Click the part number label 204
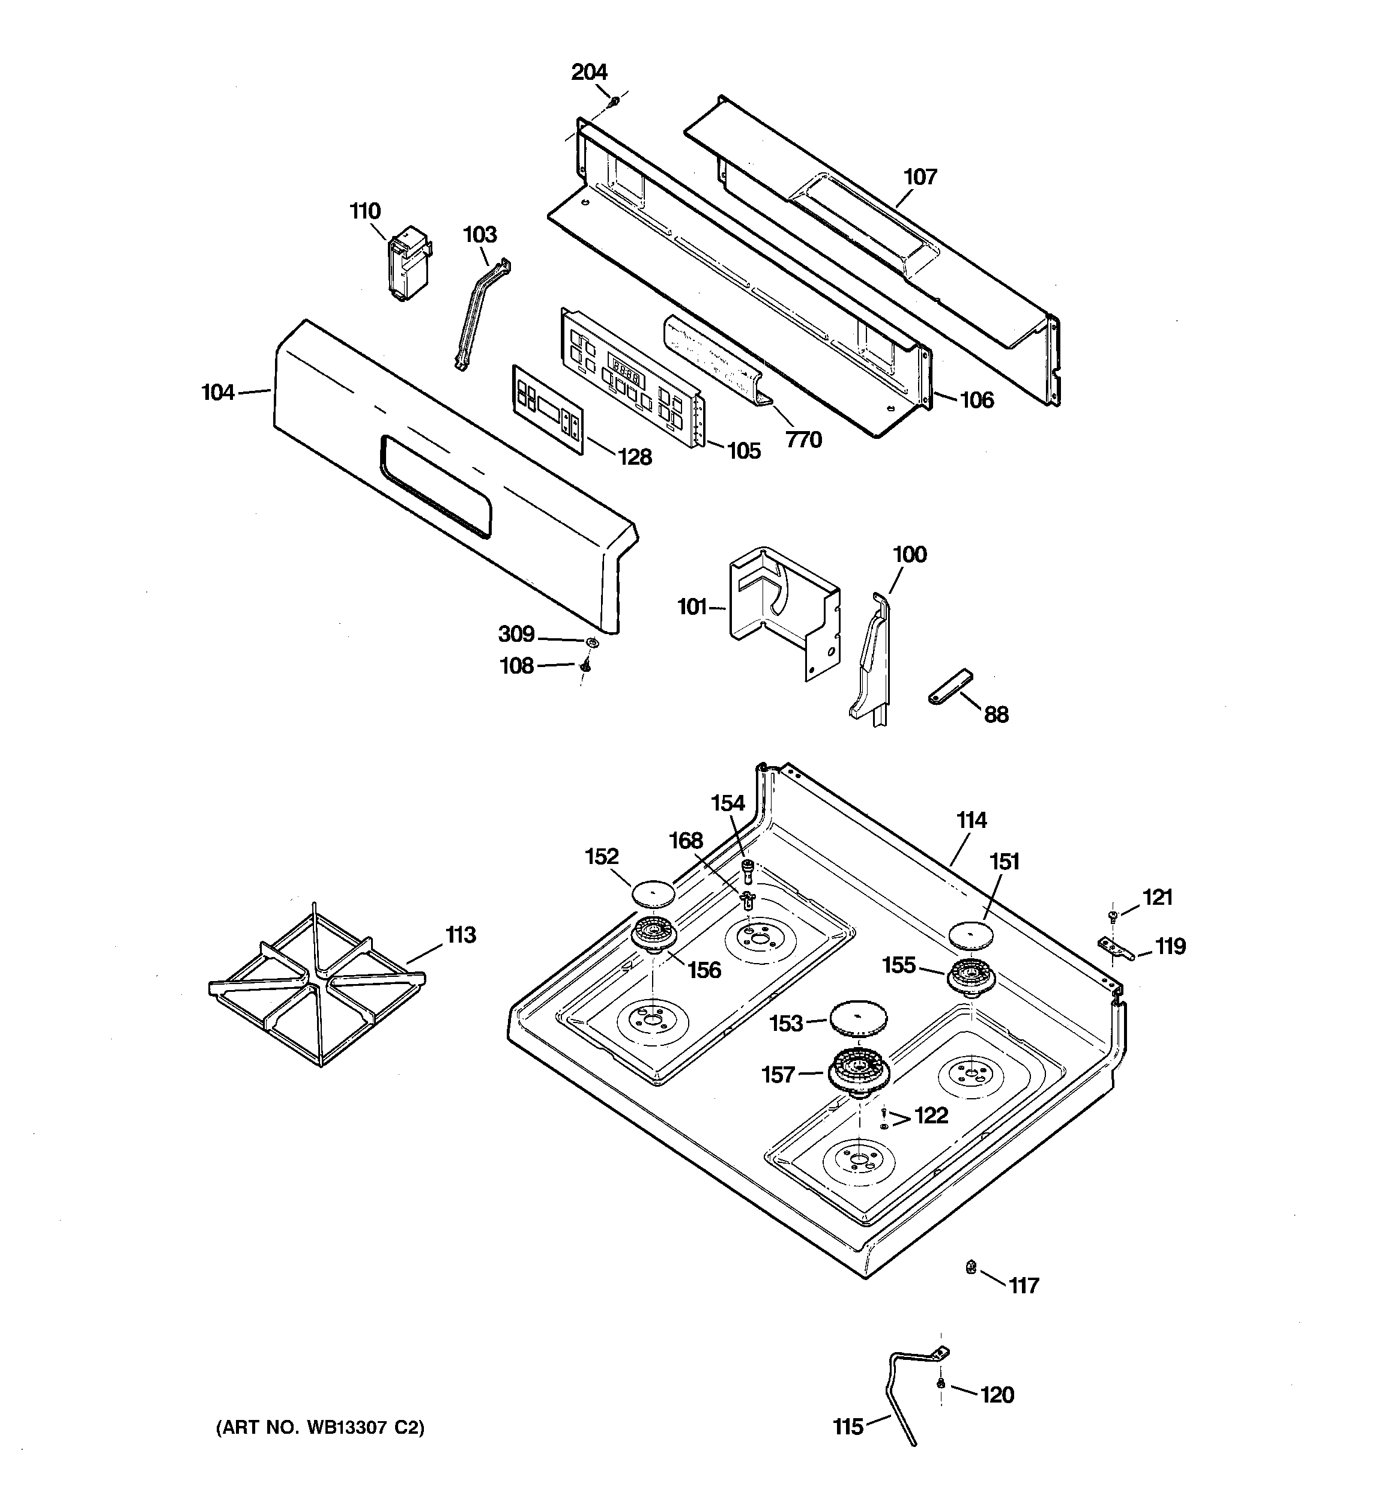click(588, 73)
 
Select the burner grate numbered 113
click(318, 985)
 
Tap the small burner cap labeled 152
click(653, 892)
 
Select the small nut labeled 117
click(970, 1266)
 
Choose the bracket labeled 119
click(1116, 949)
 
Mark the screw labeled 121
click(1113, 915)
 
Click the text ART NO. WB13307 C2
click(321, 1428)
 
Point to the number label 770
click(804, 439)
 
